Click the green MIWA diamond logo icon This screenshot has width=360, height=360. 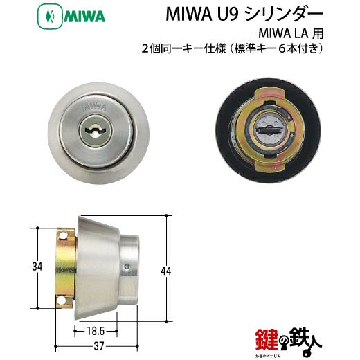click(50, 17)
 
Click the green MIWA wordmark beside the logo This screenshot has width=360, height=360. click(84, 17)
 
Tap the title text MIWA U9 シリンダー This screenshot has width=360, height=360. click(244, 15)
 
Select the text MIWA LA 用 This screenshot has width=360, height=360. click(291, 34)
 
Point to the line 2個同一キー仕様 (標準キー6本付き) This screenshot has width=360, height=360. click(232, 49)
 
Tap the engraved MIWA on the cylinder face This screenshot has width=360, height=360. click(94, 107)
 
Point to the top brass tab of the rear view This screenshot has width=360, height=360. click(269, 93)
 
